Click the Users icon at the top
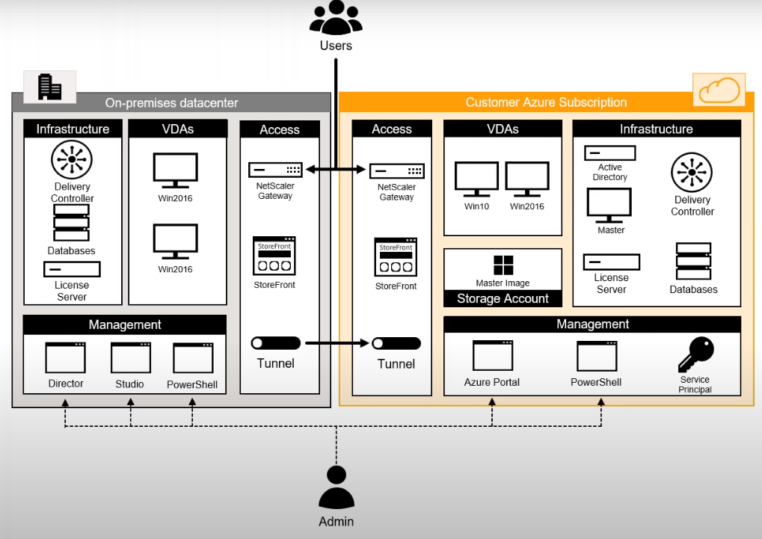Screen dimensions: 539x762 (336, 17)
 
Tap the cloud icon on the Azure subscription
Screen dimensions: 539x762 (719, 90)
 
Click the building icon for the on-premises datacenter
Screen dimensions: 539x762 (50, 87)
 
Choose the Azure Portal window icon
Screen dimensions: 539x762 (492, 356)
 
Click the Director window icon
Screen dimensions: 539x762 (65, 357)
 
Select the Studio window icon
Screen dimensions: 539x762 (130, 357)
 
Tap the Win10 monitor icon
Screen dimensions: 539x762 (476, 180)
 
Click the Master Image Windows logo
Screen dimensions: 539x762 (503, 265)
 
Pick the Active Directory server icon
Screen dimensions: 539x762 (609, 153)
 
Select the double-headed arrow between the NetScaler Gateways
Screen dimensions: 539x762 (336, 170)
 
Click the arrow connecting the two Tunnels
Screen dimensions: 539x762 (336, 343)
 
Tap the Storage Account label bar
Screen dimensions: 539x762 (503, 298)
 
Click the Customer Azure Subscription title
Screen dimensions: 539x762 (546, 102)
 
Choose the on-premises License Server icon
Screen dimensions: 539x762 (72, 269)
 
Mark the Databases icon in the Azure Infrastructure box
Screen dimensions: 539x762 (693, 261)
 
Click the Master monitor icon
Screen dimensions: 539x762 (609, 205)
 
